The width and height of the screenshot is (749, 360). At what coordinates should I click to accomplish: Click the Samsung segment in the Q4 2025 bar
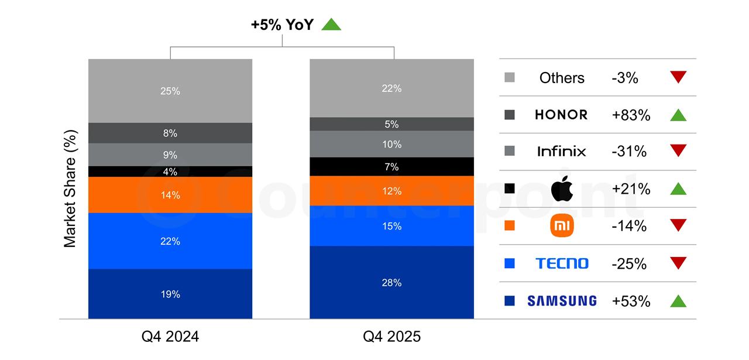pyautogui.click(x=391, y=283)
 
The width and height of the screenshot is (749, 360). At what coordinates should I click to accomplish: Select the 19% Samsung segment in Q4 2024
pyautogui.click(x=170, y=294)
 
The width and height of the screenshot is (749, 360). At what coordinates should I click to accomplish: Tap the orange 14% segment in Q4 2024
pyautogui.click(x=170, y=195)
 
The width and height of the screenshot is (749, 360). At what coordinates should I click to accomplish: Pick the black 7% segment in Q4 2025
pyautogui.click(x=391, y=167)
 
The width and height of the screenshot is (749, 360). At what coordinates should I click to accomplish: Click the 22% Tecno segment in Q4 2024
pyautogui.click(x=170, y=241)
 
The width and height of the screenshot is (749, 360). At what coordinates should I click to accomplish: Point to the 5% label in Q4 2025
pyautogui.click(x=391, y=124)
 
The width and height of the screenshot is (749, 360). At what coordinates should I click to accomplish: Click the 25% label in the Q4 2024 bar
pyautogui.click(x=170, y=91)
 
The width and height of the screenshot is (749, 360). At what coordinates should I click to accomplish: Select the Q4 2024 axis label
pyautogui.click(x=170, y=337)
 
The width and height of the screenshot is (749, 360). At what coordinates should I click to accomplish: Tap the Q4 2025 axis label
pyautogui.click(x=391, y=337)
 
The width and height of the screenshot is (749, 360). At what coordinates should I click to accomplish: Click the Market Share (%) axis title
pyautogui.click(x=70, y=188)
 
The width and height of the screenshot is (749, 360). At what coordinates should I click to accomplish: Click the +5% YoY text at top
pyautogui.click(x=282, y=25)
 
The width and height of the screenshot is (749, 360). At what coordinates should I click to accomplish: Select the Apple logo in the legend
pyautogui.click(x=562, y=189)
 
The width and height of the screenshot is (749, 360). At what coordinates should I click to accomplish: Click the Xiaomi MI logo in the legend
pyautogui.click(x=562, y=226)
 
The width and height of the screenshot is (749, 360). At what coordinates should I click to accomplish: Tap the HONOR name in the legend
pyautogui.click(x=561, y=115)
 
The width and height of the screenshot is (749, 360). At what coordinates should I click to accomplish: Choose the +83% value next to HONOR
pyautogui.click(x=631, y=115)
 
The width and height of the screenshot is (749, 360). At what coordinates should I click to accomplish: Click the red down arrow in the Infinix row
pyautogui.click(x=678, y=152)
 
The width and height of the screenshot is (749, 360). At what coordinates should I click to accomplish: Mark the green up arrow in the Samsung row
pyautogui.click(x=678, y=301)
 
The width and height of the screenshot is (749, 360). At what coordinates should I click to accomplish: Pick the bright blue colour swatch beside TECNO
pyautogui.click(x=509, y=263)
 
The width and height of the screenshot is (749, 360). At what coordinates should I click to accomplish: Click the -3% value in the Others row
pyautogui.click(x=625, y=78)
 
